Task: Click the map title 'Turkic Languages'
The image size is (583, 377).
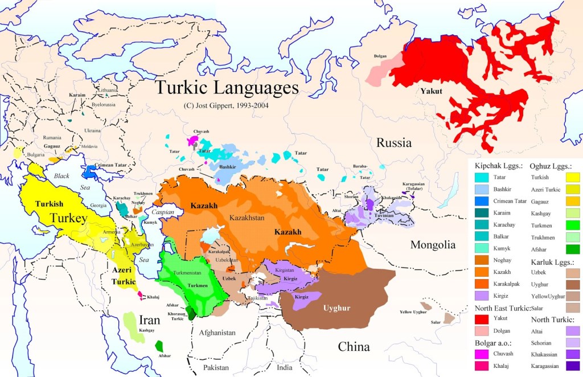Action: pyautogui.click(x=227, y=88)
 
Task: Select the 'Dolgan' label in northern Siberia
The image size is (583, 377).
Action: pyautogui.click(x=380, y=56)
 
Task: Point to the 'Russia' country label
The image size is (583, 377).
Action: pyautogui.click(x=393, y=142)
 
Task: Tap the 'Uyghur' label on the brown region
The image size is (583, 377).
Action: pyautogui.click(x=336, y=308)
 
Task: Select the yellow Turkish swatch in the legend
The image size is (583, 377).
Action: pyautogui.click(x=570, y=178)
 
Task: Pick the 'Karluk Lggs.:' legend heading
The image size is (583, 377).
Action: pyautogui.click(x=552, y=262)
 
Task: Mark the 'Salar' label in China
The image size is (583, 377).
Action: pyautogui.click(x=436, y=322)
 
